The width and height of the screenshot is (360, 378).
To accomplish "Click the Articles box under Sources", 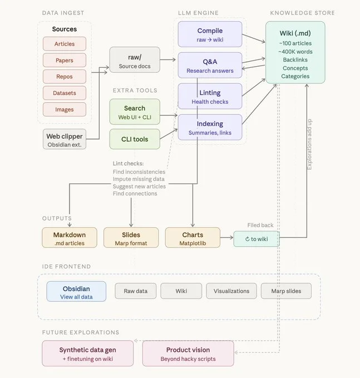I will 65,44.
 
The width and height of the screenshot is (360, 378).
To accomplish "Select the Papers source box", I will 65,60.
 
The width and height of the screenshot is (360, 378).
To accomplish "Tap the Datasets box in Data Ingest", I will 65,93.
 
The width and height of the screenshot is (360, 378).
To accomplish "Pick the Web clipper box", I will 65,139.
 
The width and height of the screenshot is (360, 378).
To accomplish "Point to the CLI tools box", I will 135,139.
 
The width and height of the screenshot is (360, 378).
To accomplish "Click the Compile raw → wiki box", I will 210,34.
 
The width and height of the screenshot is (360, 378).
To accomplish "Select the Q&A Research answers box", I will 210,65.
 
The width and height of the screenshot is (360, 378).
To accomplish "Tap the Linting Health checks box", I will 210,96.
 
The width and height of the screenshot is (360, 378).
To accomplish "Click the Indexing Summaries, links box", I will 210,127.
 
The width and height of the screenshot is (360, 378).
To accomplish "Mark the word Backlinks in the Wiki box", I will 295,59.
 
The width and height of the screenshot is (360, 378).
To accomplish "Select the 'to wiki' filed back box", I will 257,239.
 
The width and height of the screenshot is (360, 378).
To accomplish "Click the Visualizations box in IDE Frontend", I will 231,291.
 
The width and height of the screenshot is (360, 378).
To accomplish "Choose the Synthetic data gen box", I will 88,354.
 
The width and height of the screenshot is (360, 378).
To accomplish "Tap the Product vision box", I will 188,354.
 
